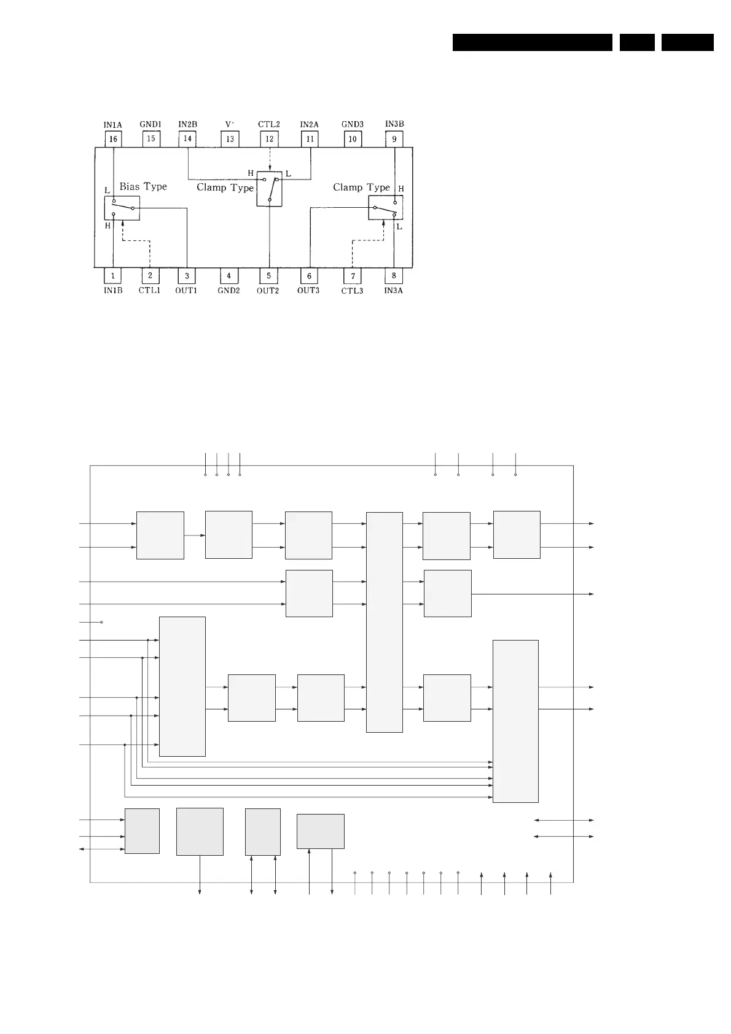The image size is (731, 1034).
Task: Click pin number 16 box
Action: tap(113, 139)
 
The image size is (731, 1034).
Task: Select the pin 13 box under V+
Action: tap(230, 139)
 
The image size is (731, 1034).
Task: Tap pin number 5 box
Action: tap(268, 276)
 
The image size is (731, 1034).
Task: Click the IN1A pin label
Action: tap(112, 125)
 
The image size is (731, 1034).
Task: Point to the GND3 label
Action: tap(353, 124)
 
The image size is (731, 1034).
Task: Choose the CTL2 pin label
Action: tap(269, 124)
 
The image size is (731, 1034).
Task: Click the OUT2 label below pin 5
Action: tap(268, 291)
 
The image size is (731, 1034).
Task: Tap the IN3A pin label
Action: tap(394, 291)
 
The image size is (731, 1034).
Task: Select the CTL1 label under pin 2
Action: tap(149, 290)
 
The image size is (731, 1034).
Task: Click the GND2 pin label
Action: tap(229, 291)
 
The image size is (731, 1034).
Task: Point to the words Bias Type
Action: tap(143, 186)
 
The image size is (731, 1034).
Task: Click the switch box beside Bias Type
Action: tap(122, 208)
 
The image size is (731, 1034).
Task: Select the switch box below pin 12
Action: tap(269, 189)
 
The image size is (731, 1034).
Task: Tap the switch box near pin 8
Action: tap(385, 208)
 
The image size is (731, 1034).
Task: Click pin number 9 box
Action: tap(394, 139)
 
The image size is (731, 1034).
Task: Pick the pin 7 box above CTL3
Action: tap(353, 276)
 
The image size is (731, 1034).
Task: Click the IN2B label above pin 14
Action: tap(188, 124)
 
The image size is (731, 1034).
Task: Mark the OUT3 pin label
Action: tap(308, 290)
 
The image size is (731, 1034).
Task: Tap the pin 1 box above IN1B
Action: tap(113, 276)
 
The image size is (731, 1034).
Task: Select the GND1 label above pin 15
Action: tap(150, 124)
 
